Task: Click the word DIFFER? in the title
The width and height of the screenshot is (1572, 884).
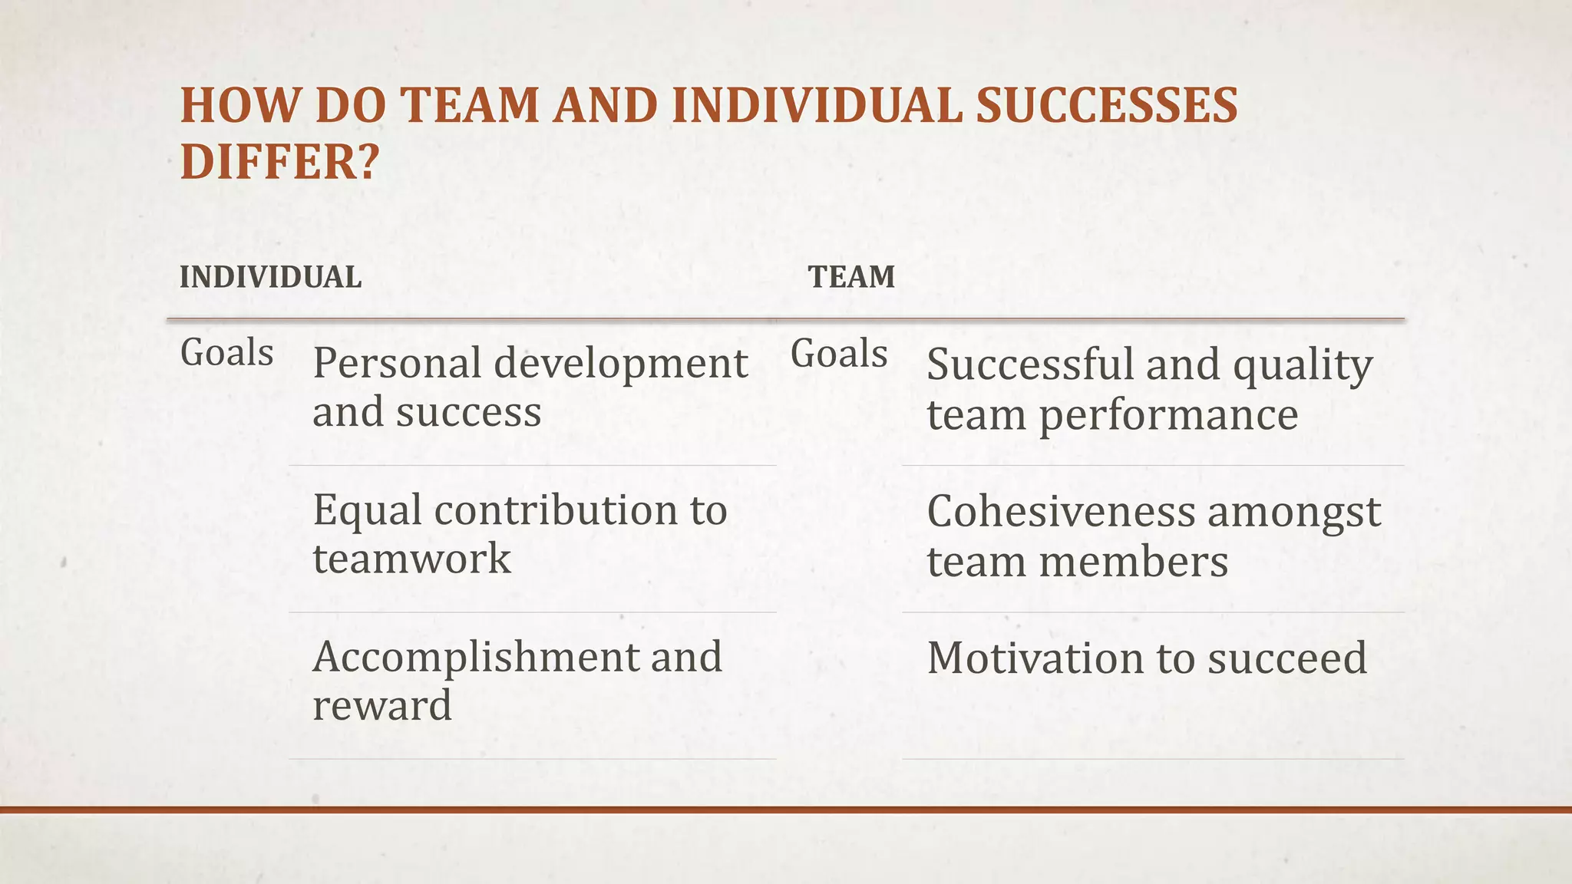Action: click(x=279, y=162)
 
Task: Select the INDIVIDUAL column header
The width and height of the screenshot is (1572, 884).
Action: click(x=270, y=277)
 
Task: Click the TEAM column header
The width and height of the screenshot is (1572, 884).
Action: click(x=851, y=277)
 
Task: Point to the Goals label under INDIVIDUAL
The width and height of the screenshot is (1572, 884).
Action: click(x=226, y=353)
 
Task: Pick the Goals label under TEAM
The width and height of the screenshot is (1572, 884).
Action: click(x=839, y=354)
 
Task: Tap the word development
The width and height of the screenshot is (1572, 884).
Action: click(x=620, y=364)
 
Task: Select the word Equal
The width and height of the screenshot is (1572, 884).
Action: click(x=367, y=511)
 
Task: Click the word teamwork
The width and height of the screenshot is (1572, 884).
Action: click(x=411, y=558)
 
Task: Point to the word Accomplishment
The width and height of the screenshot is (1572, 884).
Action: click(x=474, y=658)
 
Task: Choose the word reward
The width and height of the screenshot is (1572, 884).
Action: click(x=382, y=705)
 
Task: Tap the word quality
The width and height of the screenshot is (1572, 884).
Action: click(x=1303, y=366)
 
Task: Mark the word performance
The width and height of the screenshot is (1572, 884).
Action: click(x=1168, y=415)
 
